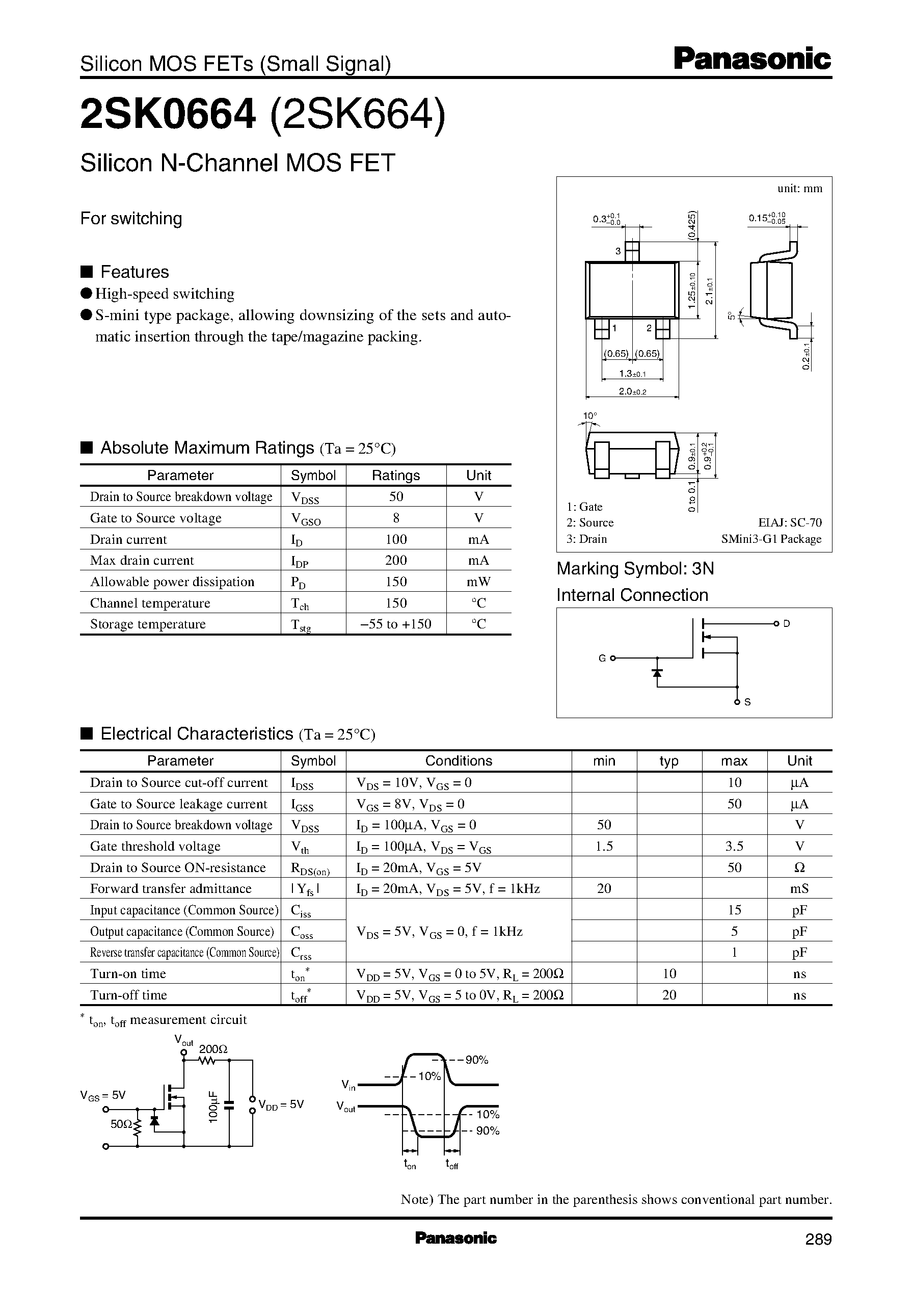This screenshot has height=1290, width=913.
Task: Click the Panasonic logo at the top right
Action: coord(751,60)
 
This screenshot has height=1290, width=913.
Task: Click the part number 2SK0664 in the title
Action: coord(168,114)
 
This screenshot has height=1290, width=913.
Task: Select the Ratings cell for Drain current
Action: coord(396,539)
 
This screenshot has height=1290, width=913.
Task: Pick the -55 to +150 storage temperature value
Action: coord(396,624)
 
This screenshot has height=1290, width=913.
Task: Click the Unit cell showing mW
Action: coord(478,582)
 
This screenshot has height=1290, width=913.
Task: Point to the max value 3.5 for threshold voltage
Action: coord(734,846)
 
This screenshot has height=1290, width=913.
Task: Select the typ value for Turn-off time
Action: coord(669,995)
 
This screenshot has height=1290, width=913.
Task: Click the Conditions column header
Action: coord(458,761)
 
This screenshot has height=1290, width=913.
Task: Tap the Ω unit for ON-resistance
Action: coord(799,867)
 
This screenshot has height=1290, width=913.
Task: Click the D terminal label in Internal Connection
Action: coord(787,624)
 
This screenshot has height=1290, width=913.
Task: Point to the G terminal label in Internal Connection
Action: coord(602,658)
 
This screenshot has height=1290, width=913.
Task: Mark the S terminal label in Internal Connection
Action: coord(748,702)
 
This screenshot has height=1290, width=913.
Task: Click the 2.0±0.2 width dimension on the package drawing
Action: coord(632,391)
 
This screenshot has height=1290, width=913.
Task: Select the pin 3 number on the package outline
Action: coord(618,251)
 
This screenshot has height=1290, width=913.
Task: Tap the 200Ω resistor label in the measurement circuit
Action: coord(213,1049)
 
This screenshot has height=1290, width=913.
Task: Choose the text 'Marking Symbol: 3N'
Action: coord(635,569)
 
